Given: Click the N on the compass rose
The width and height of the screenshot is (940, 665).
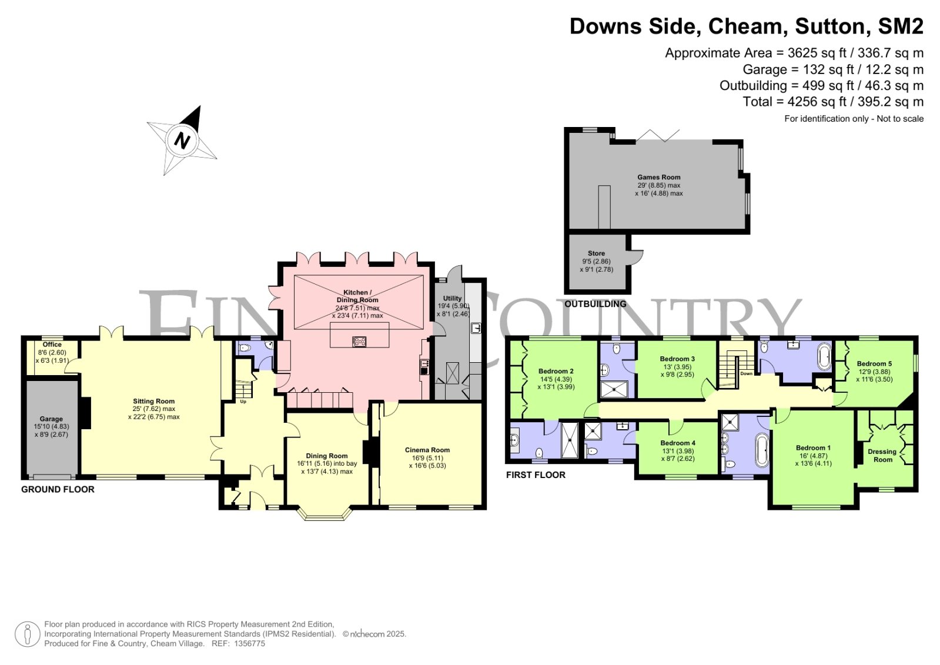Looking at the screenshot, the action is pos(182,140).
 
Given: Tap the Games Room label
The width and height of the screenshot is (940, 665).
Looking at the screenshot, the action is pos(659,177).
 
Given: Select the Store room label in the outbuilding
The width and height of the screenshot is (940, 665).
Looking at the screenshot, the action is pos(596,253).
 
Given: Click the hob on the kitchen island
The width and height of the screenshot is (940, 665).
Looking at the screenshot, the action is pos(359,341).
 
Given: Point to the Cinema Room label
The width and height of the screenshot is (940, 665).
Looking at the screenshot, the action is pos(427,450).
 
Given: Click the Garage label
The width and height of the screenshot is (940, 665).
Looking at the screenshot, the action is pos(51,419).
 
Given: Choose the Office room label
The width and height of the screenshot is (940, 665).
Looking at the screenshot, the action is pos(52,345).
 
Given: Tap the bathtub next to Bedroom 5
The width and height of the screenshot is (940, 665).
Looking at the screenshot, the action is pos(825,357).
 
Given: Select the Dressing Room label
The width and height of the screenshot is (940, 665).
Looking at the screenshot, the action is pos(882,456).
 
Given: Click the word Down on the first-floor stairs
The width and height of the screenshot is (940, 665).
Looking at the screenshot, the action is pos(746,373).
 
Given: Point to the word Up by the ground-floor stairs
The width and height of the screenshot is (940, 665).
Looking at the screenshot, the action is pos(243,402).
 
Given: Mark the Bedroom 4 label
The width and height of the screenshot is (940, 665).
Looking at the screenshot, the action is pos(678,443).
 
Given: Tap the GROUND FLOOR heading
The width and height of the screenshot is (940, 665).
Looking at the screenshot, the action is pos(58,490).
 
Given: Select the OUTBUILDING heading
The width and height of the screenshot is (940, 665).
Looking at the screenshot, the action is pos(596,304).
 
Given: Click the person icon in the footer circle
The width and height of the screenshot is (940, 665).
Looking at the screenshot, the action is pos(28,634).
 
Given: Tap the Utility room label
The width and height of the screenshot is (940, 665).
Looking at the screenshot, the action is pos(452,299).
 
